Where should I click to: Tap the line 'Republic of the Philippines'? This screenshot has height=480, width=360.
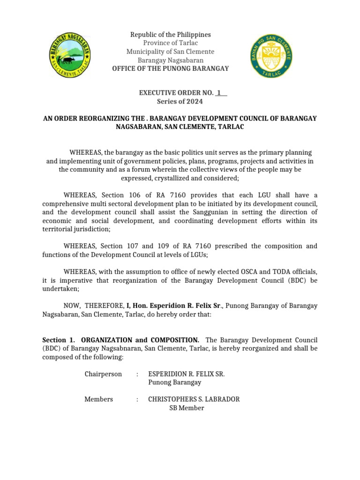(x=170, y=35)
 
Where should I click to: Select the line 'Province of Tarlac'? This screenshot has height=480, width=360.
(x=170, y=43)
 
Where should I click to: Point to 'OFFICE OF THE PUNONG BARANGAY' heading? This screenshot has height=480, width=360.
(x=170, y=68)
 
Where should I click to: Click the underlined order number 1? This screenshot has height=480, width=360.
(x=219, y=93)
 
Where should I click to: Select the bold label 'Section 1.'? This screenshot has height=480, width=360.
(x=59, y=339)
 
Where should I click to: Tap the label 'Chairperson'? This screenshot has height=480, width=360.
(x=103, y=374)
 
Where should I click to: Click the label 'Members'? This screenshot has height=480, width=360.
(x=98, y=399)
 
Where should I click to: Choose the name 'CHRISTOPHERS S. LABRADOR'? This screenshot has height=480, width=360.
(x=194, y=399)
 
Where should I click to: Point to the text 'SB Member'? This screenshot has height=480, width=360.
(x=187, y=408)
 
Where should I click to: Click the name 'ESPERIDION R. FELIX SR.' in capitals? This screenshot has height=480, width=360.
(x=186, y=374)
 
